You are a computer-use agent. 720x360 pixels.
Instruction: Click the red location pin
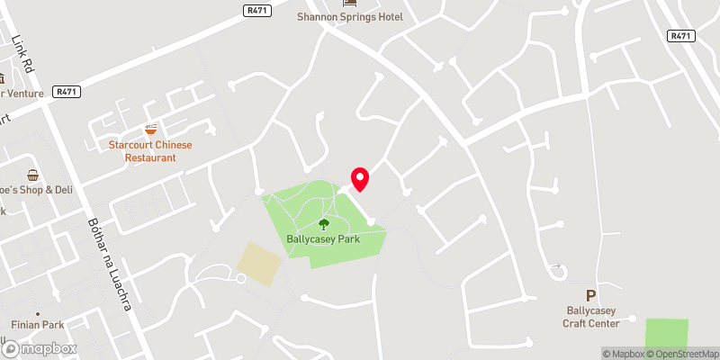360,178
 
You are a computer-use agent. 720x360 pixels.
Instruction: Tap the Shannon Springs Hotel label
351,17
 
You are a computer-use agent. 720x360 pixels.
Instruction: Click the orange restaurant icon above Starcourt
151,130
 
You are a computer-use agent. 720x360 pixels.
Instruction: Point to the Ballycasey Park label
323,240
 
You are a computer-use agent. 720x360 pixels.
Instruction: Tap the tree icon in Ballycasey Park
323,224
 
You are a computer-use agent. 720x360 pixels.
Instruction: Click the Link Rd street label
22,54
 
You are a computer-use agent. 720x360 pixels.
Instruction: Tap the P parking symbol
590,295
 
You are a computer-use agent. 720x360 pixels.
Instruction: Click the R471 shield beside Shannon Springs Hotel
257,10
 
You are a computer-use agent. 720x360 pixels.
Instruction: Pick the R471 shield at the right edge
680,35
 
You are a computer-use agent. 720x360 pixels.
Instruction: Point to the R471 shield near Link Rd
65,92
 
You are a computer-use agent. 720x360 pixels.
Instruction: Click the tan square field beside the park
259,264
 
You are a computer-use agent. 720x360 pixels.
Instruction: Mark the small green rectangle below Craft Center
666,332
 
